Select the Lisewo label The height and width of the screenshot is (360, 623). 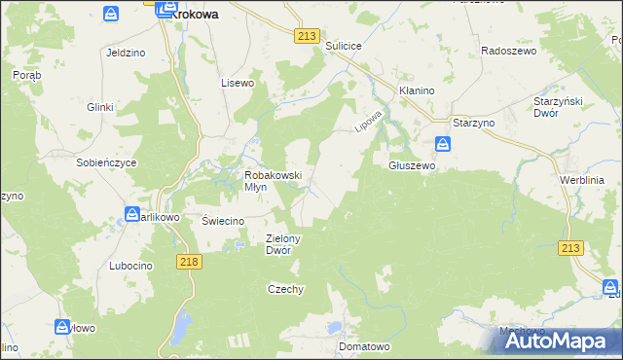(x=238, y=83)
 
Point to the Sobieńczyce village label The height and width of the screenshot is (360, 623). (x=107, y=162)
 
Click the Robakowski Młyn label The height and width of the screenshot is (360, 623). (x=273, y=181)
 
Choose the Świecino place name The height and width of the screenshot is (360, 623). (x=222, y=220)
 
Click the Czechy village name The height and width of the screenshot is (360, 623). (x=286, y=289)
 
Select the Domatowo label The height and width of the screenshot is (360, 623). (x=364, y=345)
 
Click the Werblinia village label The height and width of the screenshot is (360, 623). (x=582, y=180)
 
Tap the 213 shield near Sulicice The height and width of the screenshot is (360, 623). (x=307, y=36)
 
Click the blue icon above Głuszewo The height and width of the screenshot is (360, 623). (x=443, y=145)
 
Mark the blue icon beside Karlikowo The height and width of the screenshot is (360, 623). (x=132, y=214)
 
